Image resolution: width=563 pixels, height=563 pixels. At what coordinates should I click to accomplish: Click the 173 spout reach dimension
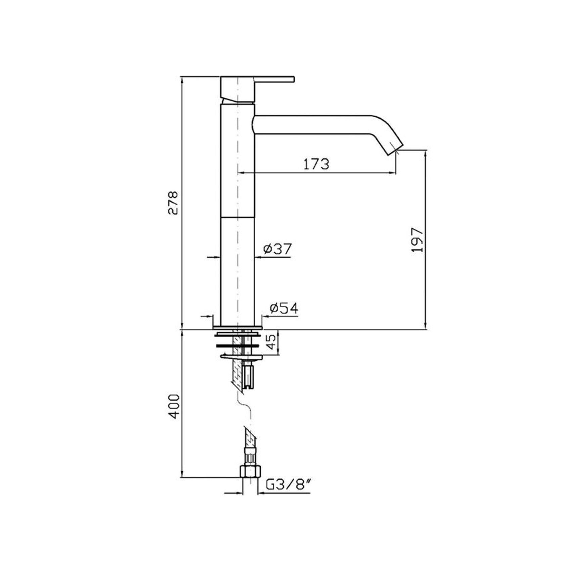tap(316, 164)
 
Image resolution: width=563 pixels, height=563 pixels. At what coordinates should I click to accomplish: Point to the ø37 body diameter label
tap(277, 249)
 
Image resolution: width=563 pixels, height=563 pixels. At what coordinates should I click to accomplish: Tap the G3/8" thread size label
tap(287, 484)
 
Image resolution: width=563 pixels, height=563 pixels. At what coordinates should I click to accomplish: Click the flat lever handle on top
tap(275, 79)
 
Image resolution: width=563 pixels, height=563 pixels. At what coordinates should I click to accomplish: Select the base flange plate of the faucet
tap(237, 327)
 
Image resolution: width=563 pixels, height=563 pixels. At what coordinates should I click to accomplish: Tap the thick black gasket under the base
tap(237, 345)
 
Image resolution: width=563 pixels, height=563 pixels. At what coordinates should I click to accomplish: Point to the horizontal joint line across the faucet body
tap(237, 217)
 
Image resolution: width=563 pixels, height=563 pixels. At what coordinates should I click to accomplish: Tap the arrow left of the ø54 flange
tap(209, 316)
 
